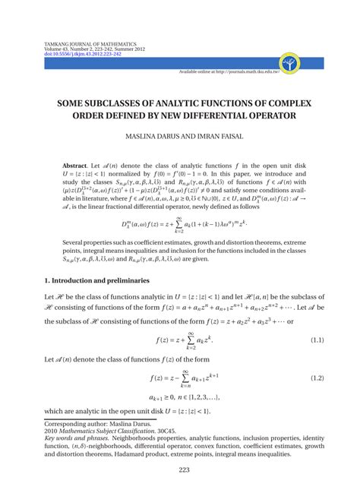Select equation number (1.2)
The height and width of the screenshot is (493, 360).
point(317,378)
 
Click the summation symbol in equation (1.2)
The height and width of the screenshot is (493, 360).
point(196,378)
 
